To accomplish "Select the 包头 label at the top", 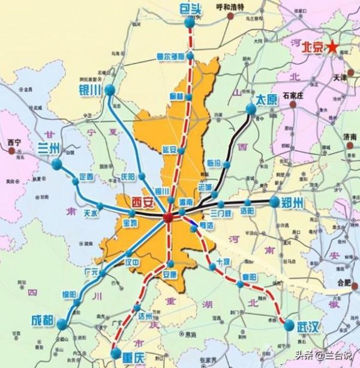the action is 190,7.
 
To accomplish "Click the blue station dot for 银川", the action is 110,90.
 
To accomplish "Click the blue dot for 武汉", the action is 289,327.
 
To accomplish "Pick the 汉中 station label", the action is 133,262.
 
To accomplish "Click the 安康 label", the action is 170,274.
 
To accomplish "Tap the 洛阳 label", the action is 247,211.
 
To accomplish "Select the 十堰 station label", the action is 223,262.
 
